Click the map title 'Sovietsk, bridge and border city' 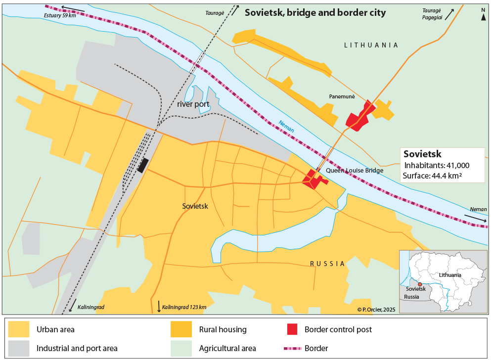coord(315,12)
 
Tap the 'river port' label coord(193,104)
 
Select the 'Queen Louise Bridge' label coord(355,171)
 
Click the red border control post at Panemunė coord(359,117)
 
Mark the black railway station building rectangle coord(143,165)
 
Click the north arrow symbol coord(483,15)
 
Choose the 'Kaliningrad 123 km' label coord(183,307)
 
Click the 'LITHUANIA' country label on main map coord(371,45)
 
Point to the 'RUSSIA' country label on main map coord(327,264)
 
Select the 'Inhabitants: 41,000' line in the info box coord(437,165)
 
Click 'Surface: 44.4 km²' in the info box coord(432,175)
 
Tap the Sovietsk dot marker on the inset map coord(420,284)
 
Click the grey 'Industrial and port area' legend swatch coord(18,348)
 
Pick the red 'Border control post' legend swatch coord(292,329)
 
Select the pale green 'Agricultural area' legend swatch coord(181,348)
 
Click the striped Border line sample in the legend coord(292,348)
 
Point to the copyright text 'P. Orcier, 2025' coord(376,310)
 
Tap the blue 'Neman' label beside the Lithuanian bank coord(286,127)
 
